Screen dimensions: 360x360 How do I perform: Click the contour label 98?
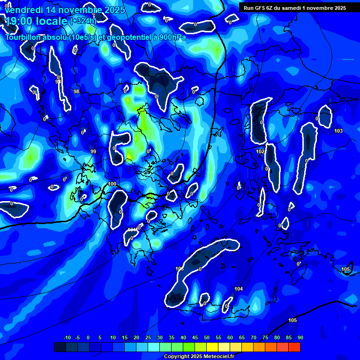(x=76, y=91)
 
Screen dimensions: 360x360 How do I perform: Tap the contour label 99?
(x=93, y=151)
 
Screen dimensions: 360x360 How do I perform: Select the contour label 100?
(x=112, y=184)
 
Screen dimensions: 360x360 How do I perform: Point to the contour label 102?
(x=261, y=152)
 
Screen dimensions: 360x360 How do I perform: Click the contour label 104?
(x=239, y=289)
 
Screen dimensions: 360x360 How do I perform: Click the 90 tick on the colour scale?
(x=300, y=337)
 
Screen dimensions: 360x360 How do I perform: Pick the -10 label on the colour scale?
(x=67, y=337)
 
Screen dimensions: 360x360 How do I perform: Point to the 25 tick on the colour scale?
(x=148, y=337)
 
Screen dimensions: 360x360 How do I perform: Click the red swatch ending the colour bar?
(x=294, y=347)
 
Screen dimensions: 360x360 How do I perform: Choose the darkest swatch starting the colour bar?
(x=60, y=347)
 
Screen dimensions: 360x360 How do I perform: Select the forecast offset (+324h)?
(x=83, y=21)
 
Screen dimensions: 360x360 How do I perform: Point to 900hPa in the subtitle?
(x=171, y=37)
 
